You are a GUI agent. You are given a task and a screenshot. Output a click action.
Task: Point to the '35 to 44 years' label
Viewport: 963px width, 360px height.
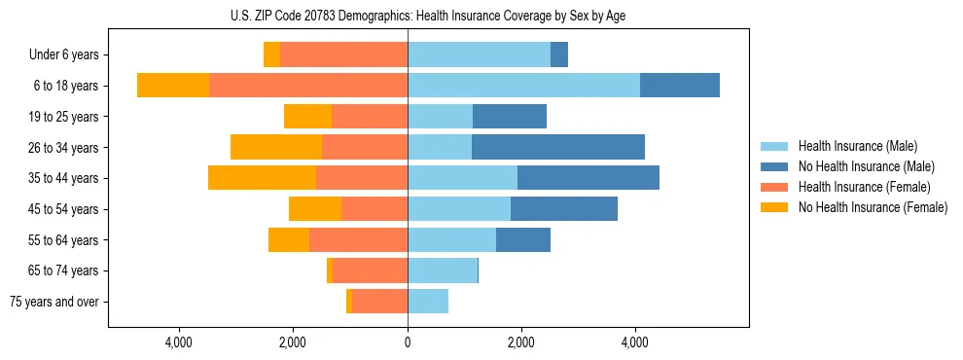[x=59, y=178]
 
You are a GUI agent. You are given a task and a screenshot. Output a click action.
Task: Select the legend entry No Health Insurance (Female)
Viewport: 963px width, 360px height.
[x=873, y=207]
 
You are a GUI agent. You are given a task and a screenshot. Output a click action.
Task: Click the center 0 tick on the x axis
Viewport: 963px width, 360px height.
[x=408, y=342]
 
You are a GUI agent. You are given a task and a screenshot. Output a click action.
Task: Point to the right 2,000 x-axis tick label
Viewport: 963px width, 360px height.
[x=521, y=342]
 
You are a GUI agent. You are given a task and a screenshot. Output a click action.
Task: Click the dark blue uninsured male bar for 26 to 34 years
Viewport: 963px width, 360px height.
[x=558, y=147]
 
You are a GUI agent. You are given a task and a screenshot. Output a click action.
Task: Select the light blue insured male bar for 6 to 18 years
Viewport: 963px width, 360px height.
[x=523, y=86]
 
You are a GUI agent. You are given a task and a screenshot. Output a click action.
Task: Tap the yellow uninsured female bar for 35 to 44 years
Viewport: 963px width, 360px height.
[x=262, y=178]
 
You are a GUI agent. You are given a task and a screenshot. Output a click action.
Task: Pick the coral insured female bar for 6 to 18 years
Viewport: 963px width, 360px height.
[x=308, y=86]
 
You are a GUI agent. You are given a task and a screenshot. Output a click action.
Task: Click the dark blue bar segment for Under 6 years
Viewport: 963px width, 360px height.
[x=559, y=55]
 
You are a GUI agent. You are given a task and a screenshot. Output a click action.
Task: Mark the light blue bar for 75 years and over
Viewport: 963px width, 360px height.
[x=428, y=302]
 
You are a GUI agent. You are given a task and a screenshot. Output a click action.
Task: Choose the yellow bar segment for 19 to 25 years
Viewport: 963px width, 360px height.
[x=307, y=117]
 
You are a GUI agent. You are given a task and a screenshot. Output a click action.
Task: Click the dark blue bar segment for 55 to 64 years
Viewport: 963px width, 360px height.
[x=523, y=239]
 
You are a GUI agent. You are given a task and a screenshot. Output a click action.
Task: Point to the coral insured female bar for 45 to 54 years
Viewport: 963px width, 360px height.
[x=374, y=209]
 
